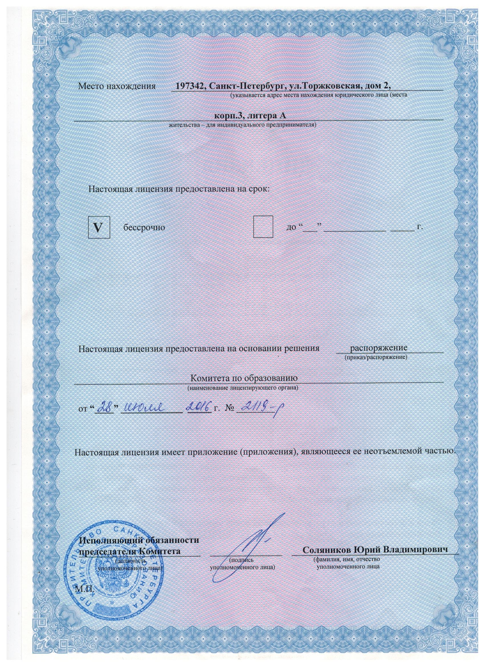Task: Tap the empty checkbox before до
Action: click(263, 227)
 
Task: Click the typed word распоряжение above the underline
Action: click(379, 348)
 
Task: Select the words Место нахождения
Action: click(116, 86)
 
